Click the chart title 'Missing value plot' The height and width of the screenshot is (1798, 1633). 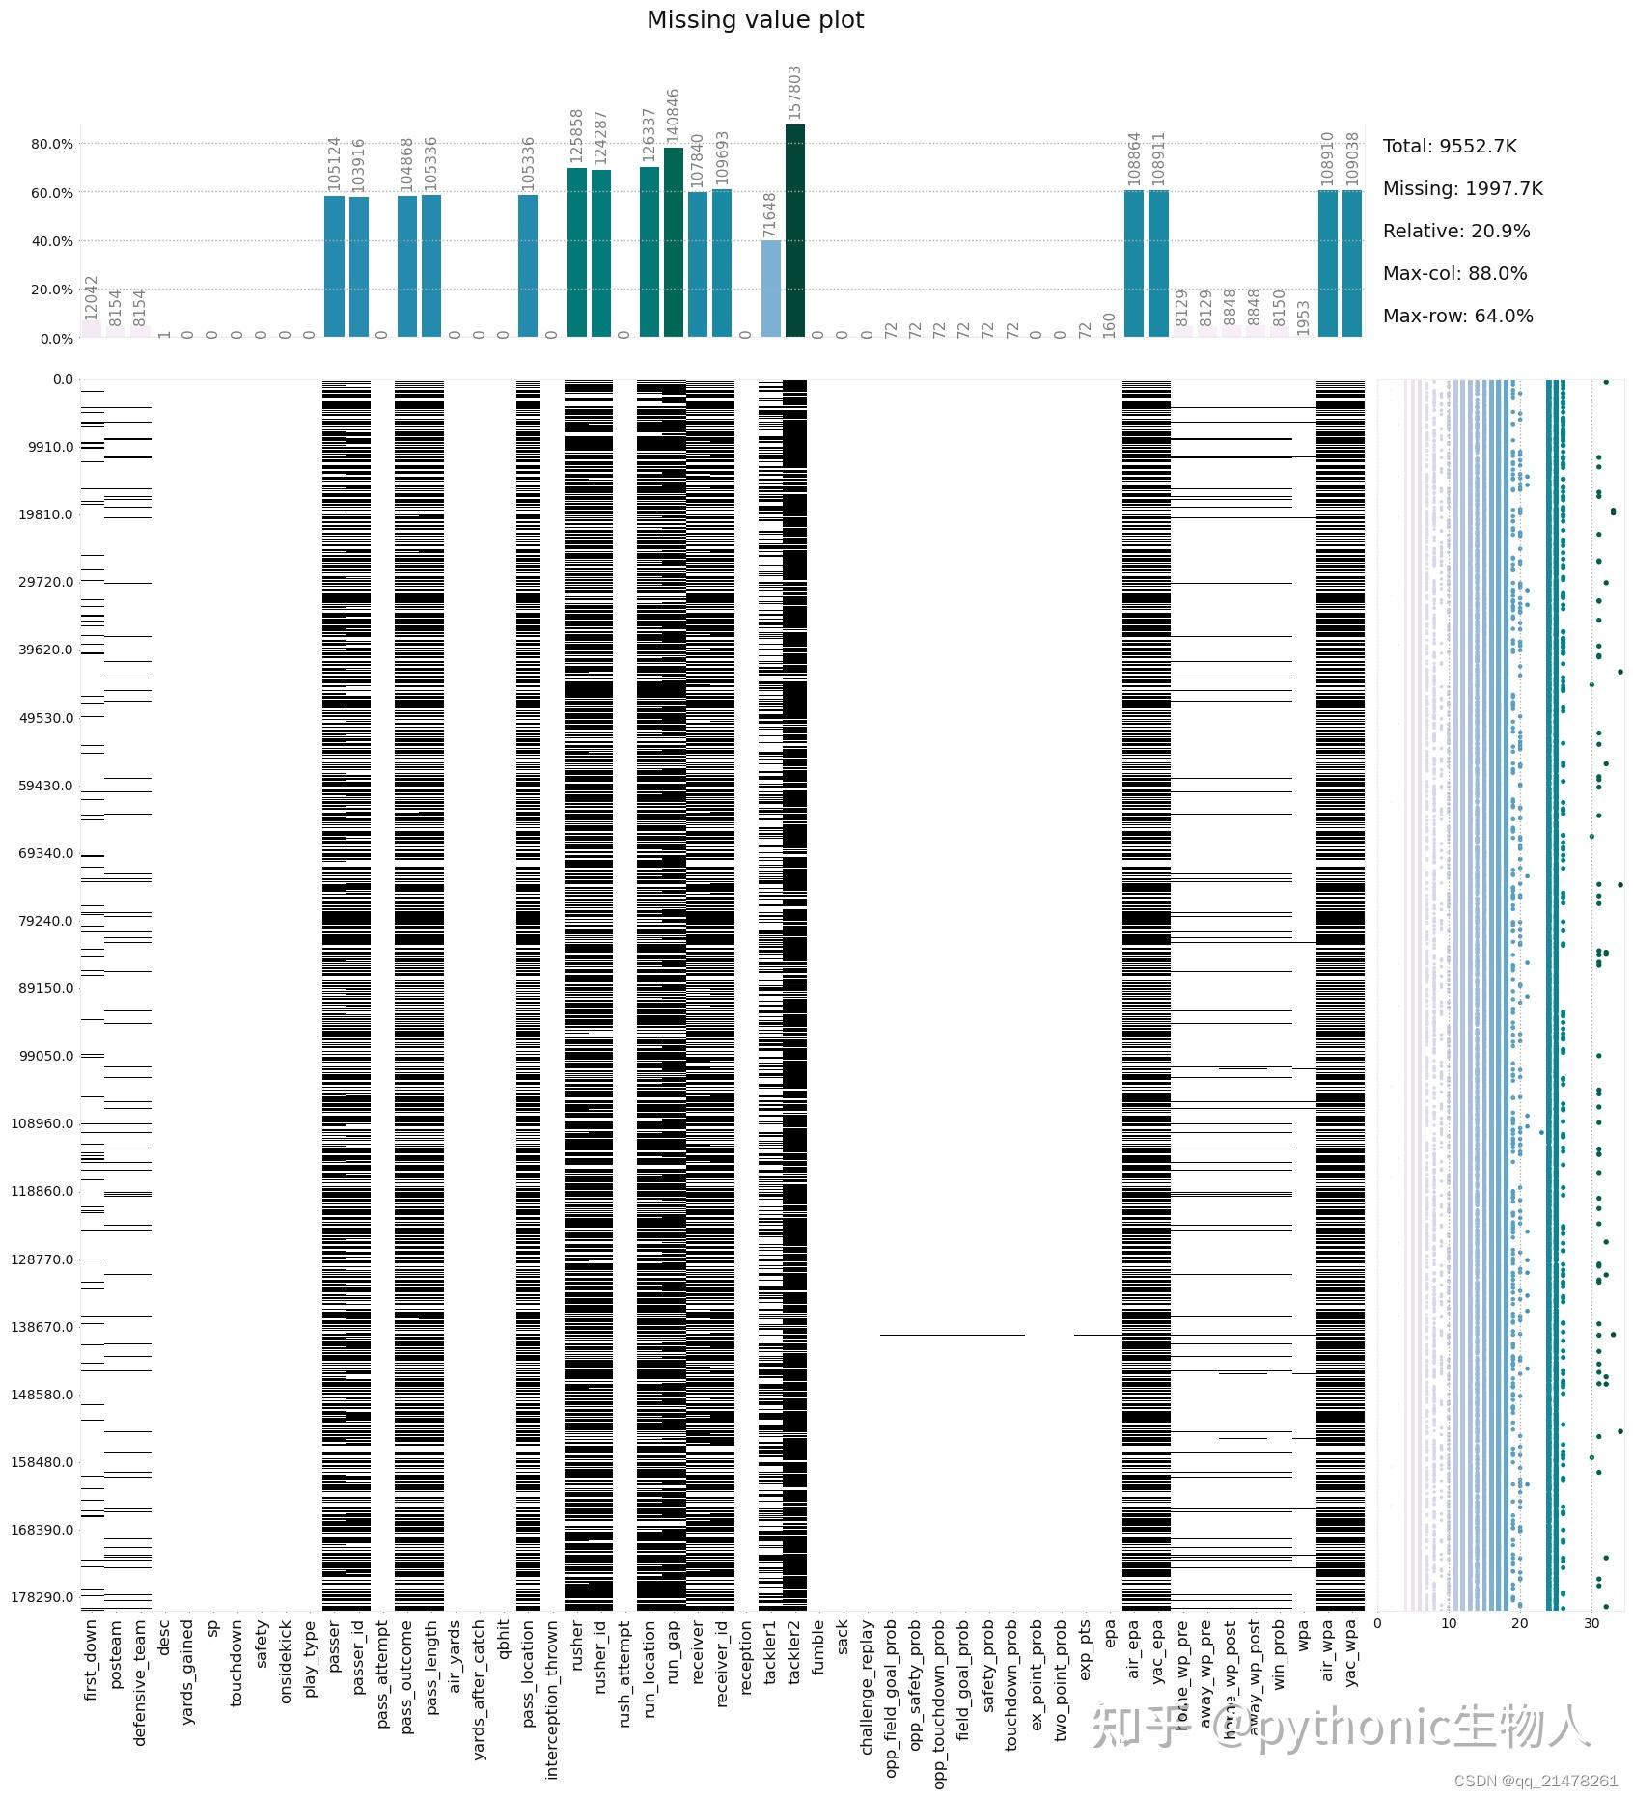(755, 20)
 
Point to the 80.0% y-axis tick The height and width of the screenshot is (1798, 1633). (52, 144)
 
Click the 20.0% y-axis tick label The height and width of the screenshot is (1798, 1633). (52, 290)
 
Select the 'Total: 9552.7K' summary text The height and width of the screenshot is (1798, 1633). (1450, 147)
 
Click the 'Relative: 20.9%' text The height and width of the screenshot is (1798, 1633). (1456, 232)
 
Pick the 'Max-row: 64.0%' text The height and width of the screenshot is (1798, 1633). (1457, 317)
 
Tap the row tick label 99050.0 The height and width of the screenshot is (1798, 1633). (45, 1056)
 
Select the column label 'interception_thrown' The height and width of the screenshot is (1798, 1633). (552, 1699)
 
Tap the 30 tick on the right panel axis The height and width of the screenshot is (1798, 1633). (1591, 1623)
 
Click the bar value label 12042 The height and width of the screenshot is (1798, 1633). (92, 296)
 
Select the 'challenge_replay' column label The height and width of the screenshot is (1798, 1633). (868, 1686)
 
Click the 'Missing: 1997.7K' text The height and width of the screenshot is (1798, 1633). (1462, 189)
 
